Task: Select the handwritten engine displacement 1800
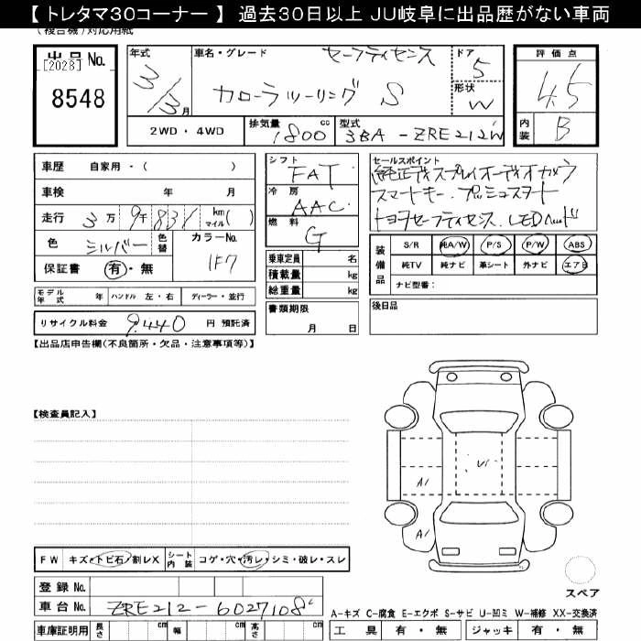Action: (x=300, y=135)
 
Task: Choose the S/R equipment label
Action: (x=409, y=245)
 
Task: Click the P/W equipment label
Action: (x=537, y=244)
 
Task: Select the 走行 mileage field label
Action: (x=53, y=217)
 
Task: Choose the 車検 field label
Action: (x=53, y=192)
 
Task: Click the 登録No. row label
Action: (x=61, y=586)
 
